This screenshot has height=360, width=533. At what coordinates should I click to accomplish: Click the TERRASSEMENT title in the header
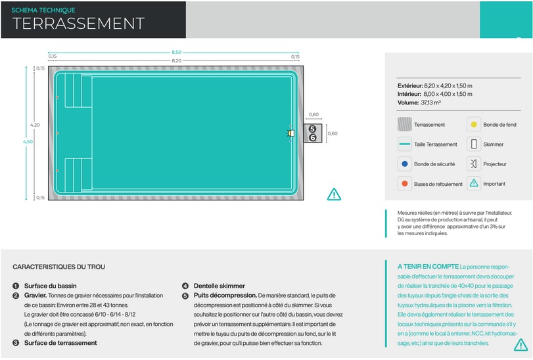pos(79,24)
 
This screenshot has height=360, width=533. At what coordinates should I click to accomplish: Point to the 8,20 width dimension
pos(176,60)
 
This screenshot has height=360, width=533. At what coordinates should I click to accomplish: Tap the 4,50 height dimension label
pos(26,141)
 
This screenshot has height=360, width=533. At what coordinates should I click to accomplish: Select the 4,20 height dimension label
pos(35,124)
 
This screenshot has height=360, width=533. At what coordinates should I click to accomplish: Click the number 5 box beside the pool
pos(313,129)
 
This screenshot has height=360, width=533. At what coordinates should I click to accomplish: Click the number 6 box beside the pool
pos(313,138)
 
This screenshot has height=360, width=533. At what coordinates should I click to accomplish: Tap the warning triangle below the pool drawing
pos(334,194)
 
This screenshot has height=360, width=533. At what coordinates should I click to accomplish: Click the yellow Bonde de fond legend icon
pos(474,124)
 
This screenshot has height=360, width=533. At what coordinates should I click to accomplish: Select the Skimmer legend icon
pos(474,144)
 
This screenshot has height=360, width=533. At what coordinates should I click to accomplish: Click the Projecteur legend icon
pos(474,164)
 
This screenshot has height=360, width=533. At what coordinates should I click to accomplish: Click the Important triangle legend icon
pos(474,183)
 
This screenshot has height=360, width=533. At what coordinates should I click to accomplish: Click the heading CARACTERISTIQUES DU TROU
pos(58,267)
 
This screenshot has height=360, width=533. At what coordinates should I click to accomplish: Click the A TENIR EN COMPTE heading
pos(427,267)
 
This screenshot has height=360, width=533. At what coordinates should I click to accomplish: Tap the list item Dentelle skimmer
pos(219,286)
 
